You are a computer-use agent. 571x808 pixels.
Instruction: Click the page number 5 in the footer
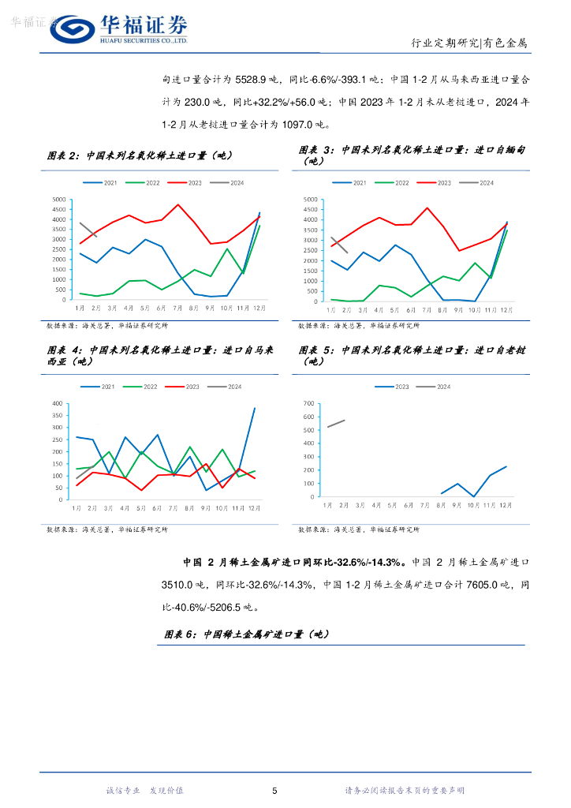click(274, 791)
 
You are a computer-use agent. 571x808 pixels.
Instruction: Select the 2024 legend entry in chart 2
click(231, 183)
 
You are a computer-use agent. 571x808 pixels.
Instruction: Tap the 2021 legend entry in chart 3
click(354, 183)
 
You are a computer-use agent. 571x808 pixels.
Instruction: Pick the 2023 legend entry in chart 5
click(397, 387)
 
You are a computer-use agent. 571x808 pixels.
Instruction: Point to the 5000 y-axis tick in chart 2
click(58, 199)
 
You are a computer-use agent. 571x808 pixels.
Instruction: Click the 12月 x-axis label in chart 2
click(259, 309)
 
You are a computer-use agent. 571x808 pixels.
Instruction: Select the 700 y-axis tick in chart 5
click(308, 403)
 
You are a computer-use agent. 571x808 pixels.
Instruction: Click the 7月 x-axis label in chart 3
click(427, 310)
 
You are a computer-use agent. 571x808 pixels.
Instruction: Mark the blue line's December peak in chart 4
click(254, 408)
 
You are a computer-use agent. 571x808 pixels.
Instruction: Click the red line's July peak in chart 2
click(178, 204)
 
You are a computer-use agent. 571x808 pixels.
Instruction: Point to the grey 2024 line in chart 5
click(336, 424)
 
